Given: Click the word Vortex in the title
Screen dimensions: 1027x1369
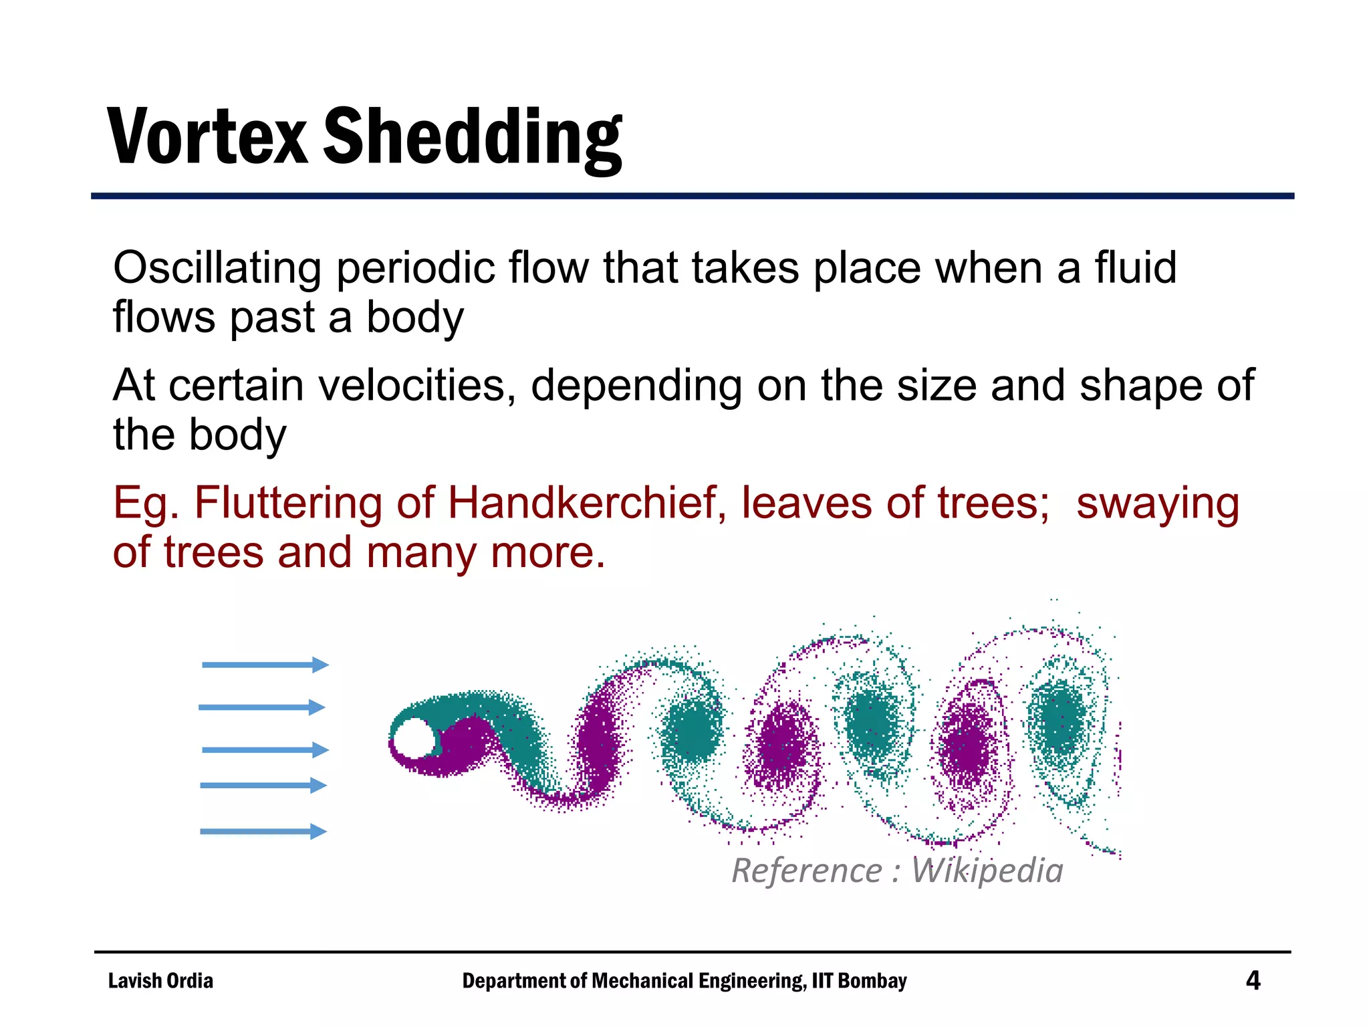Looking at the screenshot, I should [207, 137].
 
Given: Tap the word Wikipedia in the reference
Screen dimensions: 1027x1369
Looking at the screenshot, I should [987, 871].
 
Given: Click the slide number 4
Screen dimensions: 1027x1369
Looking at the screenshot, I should [1253, 981].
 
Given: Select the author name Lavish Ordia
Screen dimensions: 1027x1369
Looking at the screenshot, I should [160, 981].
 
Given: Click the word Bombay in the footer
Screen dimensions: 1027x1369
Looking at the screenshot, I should [872, 981].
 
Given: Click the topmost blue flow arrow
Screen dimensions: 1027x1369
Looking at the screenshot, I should [265, 665].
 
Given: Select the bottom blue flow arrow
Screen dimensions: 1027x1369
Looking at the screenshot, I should [263, 832].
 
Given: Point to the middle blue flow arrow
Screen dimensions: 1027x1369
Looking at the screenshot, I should [265, 750].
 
